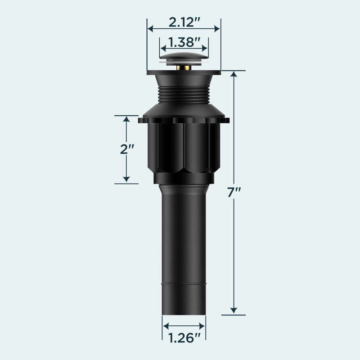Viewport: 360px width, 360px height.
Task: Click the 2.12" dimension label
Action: [184, 22]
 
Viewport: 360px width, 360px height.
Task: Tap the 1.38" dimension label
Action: [184, 42]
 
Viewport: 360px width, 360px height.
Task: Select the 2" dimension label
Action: [127, 149]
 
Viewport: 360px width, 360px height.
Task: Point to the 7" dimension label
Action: [234, 193]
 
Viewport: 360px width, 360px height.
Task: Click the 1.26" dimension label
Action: [184, 338]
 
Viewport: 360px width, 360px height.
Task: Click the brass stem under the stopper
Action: [184, 68]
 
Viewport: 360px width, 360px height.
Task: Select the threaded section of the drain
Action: [184, 94]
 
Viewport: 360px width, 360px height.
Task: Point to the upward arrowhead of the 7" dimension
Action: [234, 74]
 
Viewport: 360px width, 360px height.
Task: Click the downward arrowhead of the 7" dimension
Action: [234, 310]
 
